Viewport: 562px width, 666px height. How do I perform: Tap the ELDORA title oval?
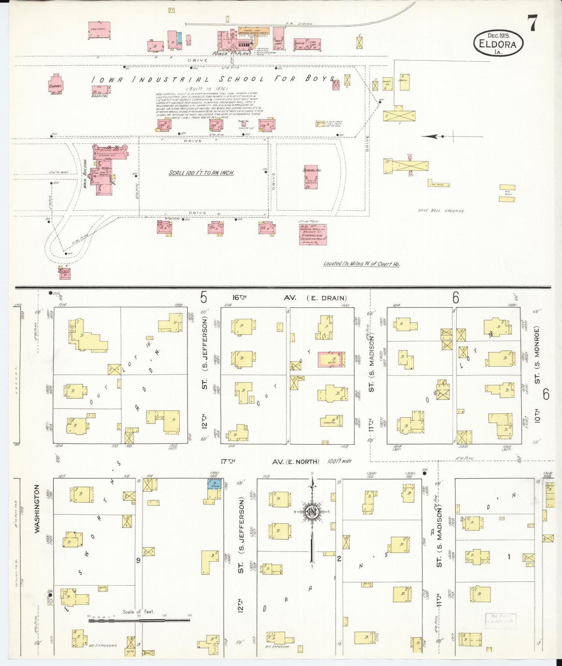pyautogui.click(x=498, y=44)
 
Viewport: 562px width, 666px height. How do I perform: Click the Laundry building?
pyautogui.click(x=99, y=30)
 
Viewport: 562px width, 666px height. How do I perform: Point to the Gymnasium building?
pyautogui.click(x=313, y=234)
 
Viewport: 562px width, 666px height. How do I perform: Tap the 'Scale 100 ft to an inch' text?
pyautogui.click(x=201, y=173)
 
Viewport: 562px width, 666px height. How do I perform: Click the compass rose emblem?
pyautogui.click(x=312, y=512)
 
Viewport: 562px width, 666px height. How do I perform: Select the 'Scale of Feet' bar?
pyautogui.click(x=139, y=620)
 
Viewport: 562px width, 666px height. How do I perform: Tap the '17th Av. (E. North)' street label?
pyautogui.click(x=270, y=461)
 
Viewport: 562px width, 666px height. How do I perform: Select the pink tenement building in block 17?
pyautogui.click(x=331, y=360)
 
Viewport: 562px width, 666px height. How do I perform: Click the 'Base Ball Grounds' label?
pyautogui.click(x=441, y=211)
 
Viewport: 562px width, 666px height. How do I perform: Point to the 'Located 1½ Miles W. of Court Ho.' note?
pyautogui.click(x=361, y=263)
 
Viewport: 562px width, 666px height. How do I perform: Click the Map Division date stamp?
pyautogui.click(x=501, y=619)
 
